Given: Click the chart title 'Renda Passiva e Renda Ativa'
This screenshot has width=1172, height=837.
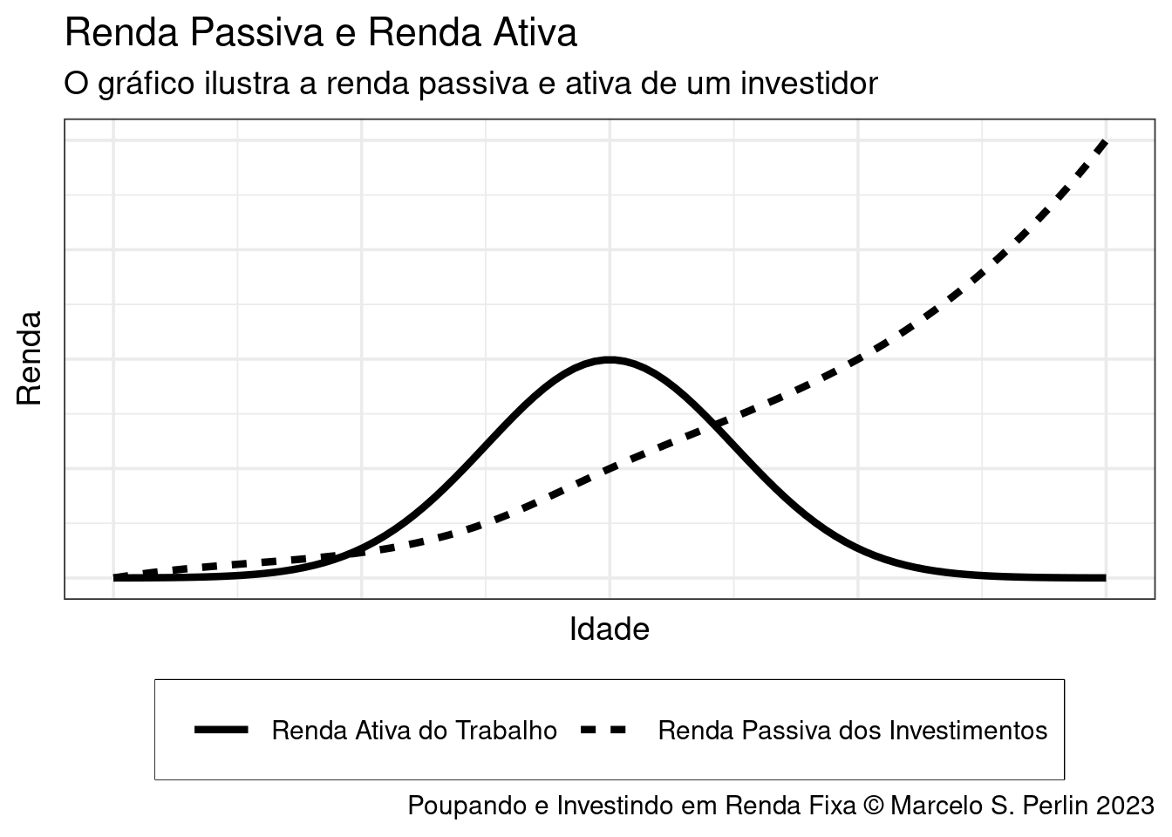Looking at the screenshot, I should pyautogui.click(x=321, y=33).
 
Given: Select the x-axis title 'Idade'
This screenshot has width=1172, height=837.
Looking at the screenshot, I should pyautogui.click(x=609, y=629).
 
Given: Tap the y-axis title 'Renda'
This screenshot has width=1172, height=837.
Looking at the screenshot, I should pyautogui.click(x=30, y=358).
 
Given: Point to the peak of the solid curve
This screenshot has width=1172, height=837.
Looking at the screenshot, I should pyautogui.click(x=610, y=359).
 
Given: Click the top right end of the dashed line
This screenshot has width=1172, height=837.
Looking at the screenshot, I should pyautogui.click(x=1105, y=142).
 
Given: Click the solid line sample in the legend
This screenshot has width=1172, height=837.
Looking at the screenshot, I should pyautogui.click(x=221, y=730).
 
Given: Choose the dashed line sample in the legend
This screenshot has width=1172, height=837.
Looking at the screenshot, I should pyautogui.click(x=603, y=730).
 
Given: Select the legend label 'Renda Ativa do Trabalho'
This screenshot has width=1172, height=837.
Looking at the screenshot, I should pyautogui.click(x=414, y=730).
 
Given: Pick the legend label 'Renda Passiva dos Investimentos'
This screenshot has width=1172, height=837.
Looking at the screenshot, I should pyautogui.click(x=852, y=730).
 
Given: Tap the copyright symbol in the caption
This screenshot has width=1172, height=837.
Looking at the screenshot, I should pyautogui.click(x=873, y=805).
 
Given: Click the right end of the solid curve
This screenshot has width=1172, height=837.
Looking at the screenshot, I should pyautogui.click(x=1104, y=577).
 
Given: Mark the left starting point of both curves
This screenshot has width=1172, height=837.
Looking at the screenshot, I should pyautogui.click(x=115, y=577).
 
